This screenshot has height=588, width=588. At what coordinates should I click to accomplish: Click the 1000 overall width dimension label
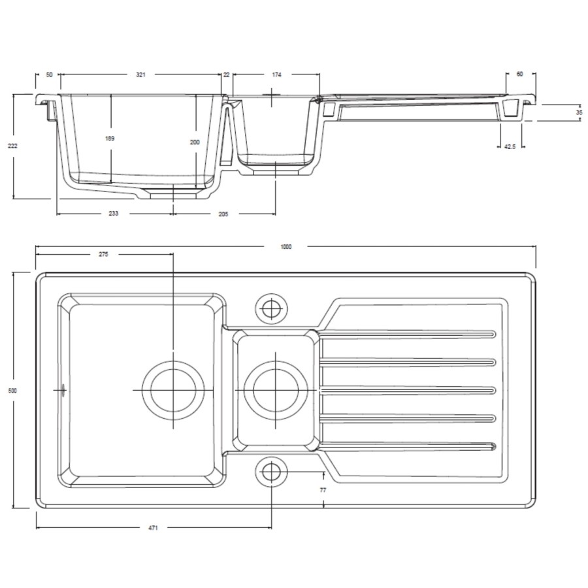286,246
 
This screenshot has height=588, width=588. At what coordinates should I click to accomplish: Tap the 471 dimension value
153,527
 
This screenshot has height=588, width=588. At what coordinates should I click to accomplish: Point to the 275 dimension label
103,254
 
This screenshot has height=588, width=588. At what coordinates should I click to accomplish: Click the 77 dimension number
323,489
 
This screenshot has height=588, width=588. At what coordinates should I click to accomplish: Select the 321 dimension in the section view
140,75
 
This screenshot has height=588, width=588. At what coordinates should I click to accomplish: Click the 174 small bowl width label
276,75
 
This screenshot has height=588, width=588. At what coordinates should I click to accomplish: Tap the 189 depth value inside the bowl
111,139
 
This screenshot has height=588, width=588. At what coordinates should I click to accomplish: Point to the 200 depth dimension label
195,142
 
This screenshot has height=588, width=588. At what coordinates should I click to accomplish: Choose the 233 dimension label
114,214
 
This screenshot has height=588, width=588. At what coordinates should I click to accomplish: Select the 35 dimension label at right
579,112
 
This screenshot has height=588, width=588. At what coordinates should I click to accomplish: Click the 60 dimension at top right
520,74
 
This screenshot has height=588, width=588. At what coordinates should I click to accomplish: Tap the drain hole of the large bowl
172,390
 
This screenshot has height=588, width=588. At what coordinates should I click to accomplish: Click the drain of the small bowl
275,390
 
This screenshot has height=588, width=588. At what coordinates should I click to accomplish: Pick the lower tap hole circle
270,471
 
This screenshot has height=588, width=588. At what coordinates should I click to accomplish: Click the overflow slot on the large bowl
63,390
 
